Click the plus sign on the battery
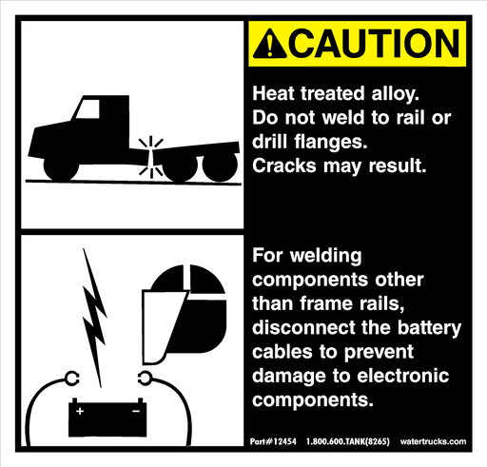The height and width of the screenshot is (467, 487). pos(80,412)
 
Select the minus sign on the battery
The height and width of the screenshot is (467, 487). pos(136,412)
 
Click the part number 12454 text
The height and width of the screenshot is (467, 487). pos(270,443)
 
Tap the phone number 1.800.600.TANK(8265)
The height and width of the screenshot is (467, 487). pos(350,443)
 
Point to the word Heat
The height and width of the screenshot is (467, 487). pos(272,94)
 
